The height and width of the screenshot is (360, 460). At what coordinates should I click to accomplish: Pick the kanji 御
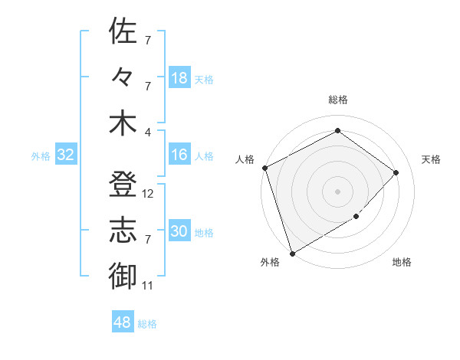[123, 277]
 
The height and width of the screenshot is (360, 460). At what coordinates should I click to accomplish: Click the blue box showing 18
[179, 78]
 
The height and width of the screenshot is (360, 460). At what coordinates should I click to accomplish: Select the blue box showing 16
[179, 155]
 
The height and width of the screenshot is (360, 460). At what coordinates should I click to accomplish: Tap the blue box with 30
[179, 232]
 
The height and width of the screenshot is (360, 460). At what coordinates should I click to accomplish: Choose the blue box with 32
[65, 155]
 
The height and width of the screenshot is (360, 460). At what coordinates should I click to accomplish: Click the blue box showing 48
[123, 322]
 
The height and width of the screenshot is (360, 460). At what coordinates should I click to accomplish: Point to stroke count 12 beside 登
[149, 194]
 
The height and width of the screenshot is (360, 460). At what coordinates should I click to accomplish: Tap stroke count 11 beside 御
[148, 286]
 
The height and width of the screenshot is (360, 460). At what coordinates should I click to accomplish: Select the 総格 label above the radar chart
[337, 100]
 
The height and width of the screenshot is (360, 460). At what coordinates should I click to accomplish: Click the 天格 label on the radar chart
[432, 159]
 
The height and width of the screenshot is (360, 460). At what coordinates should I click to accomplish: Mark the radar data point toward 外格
[292, 253]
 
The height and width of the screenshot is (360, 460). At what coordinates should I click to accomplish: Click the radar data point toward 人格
[264, 168]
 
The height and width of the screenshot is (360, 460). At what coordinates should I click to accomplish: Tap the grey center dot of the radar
[337, 191]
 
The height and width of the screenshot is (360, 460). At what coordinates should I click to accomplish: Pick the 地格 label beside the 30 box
[204, 233]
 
